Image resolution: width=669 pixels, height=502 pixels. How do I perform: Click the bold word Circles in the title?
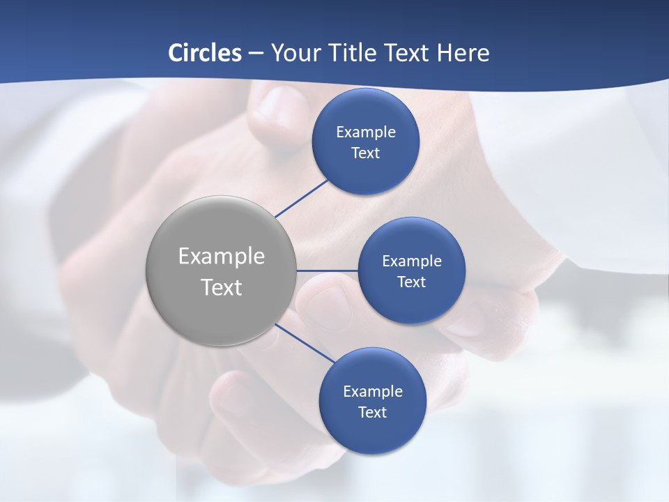[205, 53]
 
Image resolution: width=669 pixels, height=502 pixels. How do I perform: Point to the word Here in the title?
[463, 53]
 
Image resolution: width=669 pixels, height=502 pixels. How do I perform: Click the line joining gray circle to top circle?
[302, 198]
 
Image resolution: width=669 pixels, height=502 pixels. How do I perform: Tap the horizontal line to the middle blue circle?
[327, 271]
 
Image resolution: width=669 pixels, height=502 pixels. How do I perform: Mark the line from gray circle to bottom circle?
[305, 343]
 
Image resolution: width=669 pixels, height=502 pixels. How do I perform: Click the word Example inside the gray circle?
[222, 257]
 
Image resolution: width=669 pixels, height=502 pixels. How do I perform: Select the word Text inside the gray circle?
[222, 287]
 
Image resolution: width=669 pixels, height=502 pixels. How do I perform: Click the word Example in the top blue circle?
[366, 132]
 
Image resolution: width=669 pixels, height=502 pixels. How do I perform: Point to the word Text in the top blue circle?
[366, 153]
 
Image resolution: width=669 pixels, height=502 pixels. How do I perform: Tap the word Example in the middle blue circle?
[412, 261]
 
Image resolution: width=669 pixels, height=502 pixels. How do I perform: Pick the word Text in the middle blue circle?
[412, 282]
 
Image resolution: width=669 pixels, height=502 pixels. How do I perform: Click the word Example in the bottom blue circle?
[373, 392]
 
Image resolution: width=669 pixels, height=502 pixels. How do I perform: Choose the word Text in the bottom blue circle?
[373, 413]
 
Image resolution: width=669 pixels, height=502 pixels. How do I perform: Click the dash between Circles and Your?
[256, 54]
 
